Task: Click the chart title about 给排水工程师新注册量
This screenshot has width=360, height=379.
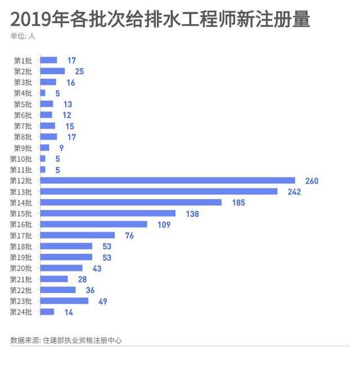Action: [160, 20]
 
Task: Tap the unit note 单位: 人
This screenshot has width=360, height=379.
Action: [23, 37]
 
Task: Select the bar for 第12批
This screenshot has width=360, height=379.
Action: [168, 181]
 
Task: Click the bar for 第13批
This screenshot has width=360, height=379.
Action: [159, 191]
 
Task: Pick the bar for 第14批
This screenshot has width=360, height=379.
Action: [131, 203]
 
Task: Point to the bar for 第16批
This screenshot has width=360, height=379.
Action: [93, 224]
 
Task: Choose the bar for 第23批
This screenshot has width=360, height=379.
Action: [64, 301]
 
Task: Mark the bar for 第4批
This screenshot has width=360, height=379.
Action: [43, 93]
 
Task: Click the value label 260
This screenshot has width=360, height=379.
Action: [312, 181]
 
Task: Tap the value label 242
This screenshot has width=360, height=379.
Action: [294, 191]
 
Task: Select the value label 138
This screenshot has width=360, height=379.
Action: [192, 213]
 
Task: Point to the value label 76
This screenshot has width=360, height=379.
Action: [129, 235]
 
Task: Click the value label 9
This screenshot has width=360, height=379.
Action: [61, 148]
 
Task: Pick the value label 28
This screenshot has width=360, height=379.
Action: [82, 279]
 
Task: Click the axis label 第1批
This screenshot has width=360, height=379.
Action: [23, 60]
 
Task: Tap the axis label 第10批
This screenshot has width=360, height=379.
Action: [21, 159]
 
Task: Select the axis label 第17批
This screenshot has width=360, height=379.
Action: [21, 235]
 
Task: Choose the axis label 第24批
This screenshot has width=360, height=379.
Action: [21, 312]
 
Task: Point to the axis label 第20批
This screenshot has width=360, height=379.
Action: [21, 268]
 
